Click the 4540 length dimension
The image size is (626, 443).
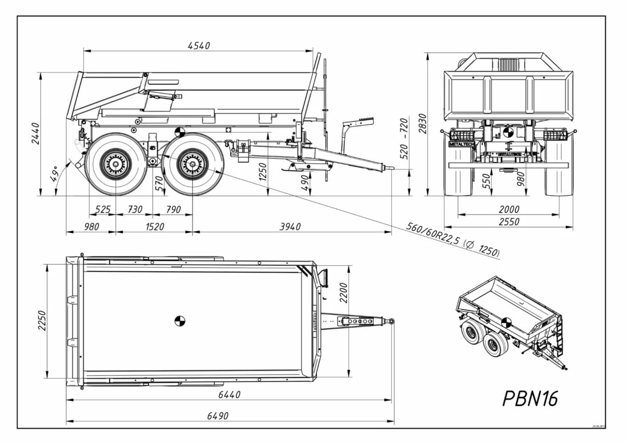click(x=199, y=46)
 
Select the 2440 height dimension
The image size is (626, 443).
click(x=35, y=133)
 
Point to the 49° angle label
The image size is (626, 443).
click(x=54, y=174)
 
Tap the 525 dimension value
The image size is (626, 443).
click(x=102, y=210)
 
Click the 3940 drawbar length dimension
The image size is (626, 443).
click(x=290, y=227)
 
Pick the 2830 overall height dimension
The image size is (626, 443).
click(x=422, y=124)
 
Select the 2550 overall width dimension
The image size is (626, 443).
click(x=508, y=222)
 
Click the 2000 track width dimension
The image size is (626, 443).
click(x=508, y=210)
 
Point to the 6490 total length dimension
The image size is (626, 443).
click(x=217, y=416)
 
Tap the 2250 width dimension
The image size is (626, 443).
click(x=42, y=320)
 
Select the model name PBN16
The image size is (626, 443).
click(x=530, y=399)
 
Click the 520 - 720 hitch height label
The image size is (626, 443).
click(x=405, y=138)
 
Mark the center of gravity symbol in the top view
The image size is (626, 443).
click(x=180, y=321)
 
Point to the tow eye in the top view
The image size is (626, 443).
click(x=391, y=321)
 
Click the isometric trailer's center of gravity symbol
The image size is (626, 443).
click(x=506, y=323)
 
